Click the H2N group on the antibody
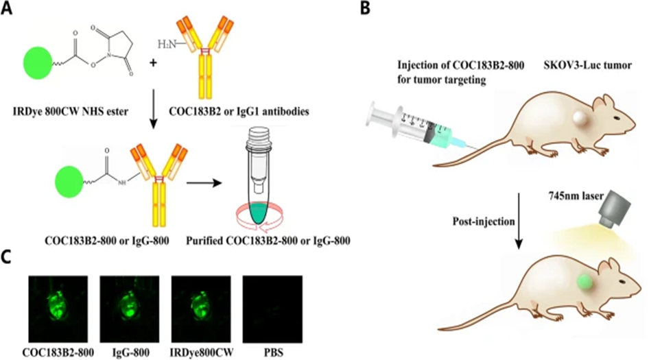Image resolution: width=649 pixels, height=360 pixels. (x=167, y=44)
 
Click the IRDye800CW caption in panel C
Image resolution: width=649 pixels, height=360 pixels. (x=201, y=347)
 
